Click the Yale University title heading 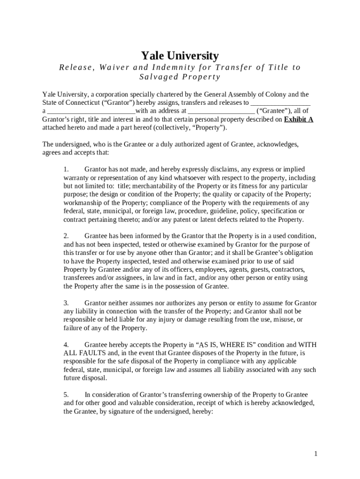coord(180,56)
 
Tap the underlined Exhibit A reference coord(299,119)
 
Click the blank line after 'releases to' coord(281,102)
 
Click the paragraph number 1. coord(66,169)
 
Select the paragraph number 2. coord(66,235)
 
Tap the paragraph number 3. coord(66,303)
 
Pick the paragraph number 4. coord(66,345)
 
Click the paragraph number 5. coord(66,395)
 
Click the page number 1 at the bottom coord(316,454)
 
